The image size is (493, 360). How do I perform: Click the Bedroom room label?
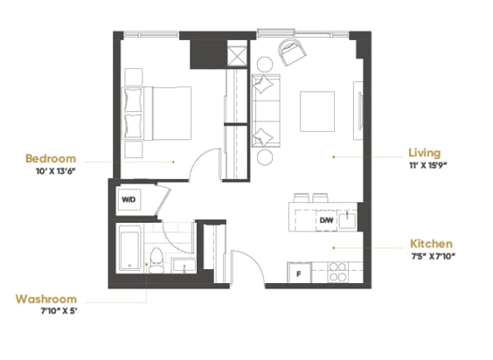click(51, 158)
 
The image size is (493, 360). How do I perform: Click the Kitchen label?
click(430, 243)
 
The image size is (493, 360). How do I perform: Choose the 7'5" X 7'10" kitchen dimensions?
click(432, 257)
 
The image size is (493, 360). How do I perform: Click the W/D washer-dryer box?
click(129, 200)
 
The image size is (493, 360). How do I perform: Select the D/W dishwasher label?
click(325, 220)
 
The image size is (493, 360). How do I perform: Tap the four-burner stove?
click(337, 273)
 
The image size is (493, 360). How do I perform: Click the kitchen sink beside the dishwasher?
click(347, 217)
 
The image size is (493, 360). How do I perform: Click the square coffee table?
click(317, 109)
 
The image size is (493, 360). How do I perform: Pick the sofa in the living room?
click(265, 112)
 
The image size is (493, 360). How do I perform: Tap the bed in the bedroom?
click(157, 112)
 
